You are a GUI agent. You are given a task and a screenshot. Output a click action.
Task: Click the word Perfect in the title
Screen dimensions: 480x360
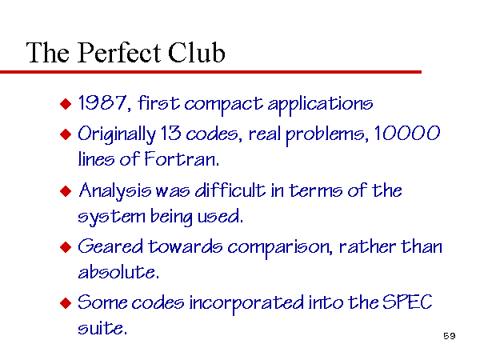pos(119,53)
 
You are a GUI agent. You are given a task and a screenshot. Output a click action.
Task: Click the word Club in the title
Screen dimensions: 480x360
pos(197,52)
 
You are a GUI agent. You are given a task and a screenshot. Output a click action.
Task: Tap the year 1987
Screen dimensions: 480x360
pos(102,102)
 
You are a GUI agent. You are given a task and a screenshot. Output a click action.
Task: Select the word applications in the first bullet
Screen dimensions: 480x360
pos(320,105)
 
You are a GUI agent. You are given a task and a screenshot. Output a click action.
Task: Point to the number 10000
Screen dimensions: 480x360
pos(407,133)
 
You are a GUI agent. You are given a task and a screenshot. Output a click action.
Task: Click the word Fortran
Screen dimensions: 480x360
pos(182,159)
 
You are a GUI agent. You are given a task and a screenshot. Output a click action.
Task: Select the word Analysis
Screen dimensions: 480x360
pos(114,191)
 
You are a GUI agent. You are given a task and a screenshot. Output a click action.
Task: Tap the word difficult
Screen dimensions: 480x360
pos(230,190)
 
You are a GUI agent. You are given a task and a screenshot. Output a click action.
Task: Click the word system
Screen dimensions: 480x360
pos(111,217)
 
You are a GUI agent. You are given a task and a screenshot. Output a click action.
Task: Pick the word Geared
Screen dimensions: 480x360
pos(110,246)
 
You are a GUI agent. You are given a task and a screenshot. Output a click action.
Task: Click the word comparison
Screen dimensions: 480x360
pos(280,248)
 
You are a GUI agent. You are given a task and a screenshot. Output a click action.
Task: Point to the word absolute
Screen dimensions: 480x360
pos(118,272)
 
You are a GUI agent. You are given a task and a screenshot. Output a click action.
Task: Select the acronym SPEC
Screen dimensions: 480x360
pos(407,302)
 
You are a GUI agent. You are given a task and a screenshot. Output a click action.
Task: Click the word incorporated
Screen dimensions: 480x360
pos(246,304)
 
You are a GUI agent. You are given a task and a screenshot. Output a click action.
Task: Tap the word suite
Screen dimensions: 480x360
pos(102,328)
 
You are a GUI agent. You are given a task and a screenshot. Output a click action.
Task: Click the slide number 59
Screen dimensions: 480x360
pos(450,336)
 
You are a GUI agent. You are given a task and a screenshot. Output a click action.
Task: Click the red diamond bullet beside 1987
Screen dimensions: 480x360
pos(66,104)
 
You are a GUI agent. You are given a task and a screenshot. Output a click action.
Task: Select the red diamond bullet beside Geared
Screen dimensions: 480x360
pos(66,247)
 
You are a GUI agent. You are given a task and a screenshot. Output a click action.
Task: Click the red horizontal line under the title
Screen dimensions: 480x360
pos(210,72)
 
